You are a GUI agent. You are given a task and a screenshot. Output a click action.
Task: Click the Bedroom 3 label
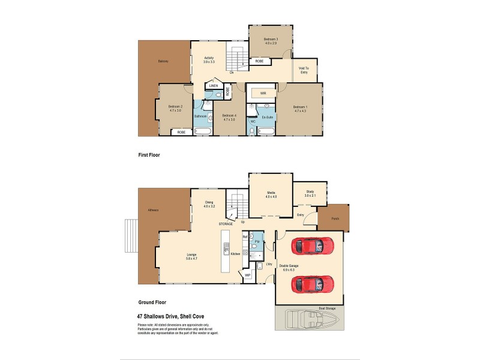tap(271, 39)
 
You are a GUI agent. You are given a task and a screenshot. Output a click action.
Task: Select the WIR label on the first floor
tap(263, 93)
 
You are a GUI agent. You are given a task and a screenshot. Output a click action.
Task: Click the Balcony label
tap(163, 61)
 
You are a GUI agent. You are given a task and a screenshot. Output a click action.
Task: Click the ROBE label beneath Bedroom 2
tap(181, 132)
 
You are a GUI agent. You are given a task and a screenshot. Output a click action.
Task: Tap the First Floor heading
tap(149, 155)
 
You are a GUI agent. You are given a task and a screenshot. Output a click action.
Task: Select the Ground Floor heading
tap(152, 302)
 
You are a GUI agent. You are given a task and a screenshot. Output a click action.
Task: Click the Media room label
tap(271, 193)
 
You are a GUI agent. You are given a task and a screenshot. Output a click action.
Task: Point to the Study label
tap(310, 191)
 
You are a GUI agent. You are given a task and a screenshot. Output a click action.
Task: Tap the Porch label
tap(335, 218)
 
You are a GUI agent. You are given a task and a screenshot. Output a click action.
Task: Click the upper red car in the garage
tap(312, 246)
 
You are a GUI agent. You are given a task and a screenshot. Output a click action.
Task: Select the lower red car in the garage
tap(312, 283)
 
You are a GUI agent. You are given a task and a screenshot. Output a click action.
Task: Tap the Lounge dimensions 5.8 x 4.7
tap(191, 258)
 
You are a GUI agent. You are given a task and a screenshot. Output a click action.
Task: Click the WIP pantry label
tap(247, 275)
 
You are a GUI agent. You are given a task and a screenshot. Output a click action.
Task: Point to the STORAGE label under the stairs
tap(226, 224)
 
